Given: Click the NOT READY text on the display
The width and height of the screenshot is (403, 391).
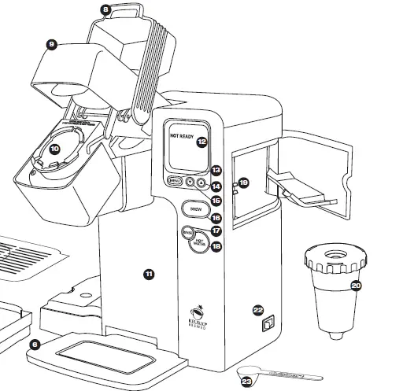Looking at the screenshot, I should pos(181,136).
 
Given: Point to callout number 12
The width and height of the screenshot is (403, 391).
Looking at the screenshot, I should pos(201,142).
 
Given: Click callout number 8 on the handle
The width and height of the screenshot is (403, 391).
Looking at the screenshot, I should pos(106,10).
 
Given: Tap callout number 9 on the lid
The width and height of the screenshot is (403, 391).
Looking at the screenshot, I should pos(51,46).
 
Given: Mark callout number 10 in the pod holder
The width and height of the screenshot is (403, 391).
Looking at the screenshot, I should pos(54,148).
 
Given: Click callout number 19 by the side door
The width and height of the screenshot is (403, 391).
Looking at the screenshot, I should pos(243,183).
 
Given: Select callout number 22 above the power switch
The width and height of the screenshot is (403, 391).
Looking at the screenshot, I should pos(258,310).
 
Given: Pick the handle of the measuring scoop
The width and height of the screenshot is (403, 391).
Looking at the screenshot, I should pos(283,373).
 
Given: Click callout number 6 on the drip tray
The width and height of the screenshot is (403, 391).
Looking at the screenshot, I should pos(34,344).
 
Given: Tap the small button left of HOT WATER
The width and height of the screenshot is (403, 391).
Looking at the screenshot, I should pos(187,233).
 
